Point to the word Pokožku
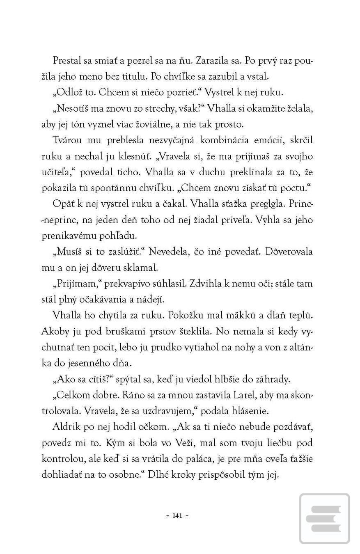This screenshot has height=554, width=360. [192, 316]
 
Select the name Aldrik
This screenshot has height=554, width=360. [67, 427]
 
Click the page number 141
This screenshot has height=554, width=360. [177, 516]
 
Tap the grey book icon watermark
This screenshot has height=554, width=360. [324, 518]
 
